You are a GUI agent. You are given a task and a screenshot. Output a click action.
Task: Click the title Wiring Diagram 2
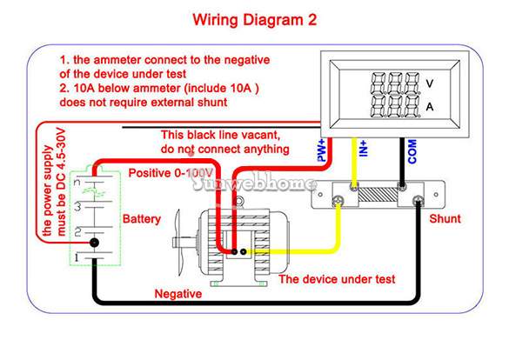(x=254, y=20)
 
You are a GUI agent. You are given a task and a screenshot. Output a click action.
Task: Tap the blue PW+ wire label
(x=321, y=150)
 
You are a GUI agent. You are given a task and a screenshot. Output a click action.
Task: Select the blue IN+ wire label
(x=364, y=148)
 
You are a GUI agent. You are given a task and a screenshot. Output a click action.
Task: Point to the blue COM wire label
(x=412, y=151)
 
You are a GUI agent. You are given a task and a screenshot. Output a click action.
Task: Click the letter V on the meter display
(x=430, y=83)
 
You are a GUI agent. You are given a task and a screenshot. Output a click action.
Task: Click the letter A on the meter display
(x=430, y=107)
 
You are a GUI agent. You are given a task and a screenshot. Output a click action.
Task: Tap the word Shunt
(x=445, y=218)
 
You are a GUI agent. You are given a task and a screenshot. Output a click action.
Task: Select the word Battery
(x=142, y=219)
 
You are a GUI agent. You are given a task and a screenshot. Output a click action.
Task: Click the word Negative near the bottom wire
(x=178, y=294)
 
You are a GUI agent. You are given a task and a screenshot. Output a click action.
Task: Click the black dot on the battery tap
(x=94, y=243)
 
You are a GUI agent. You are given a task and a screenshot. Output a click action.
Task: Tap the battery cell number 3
(x=77, y=206)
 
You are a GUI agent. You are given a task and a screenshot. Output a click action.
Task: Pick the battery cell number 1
(x=77, y=258)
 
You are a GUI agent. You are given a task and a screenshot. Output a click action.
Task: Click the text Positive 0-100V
(x=171, y=173)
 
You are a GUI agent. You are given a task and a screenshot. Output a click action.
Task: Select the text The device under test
(x=337, y=279)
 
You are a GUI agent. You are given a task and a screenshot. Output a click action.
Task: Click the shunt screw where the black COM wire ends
(x=402, y=186)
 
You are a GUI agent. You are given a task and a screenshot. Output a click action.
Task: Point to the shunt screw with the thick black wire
(x=419, y=202)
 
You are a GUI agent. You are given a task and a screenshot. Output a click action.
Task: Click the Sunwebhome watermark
(x=253, y=183)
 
